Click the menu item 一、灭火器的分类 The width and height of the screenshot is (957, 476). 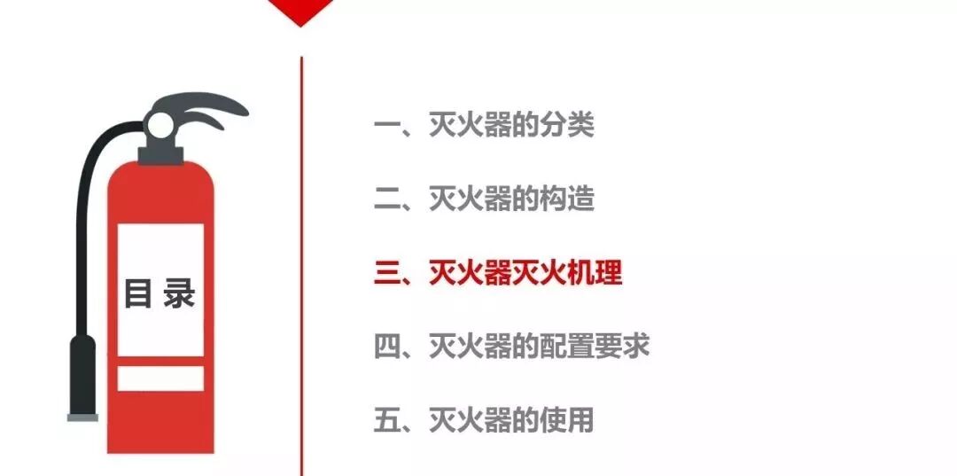pyautogui.click(x=484, y=125)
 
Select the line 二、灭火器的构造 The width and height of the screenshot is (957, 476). pyautogui.click(x=484, y=199)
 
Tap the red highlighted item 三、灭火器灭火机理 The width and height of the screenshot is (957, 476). pyautogui.click(x=498, y=272)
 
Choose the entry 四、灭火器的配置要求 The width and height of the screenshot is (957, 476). pyautogui.click(x=511, y=346)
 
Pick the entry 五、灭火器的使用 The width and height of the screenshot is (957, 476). pyautogui.click(x=484, y=419)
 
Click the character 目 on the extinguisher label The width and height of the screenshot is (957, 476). pyautogui.click(x=137, y=293)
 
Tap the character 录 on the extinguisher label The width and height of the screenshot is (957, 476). pyautogui.click(x=179, y=293)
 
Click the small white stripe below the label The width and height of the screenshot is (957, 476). pyautogui.click(x=160, y=378)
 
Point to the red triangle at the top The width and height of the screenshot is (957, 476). pyautogui.click(x=300, y=11)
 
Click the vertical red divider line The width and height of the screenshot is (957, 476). pyautogui.click(x=301, y=266)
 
